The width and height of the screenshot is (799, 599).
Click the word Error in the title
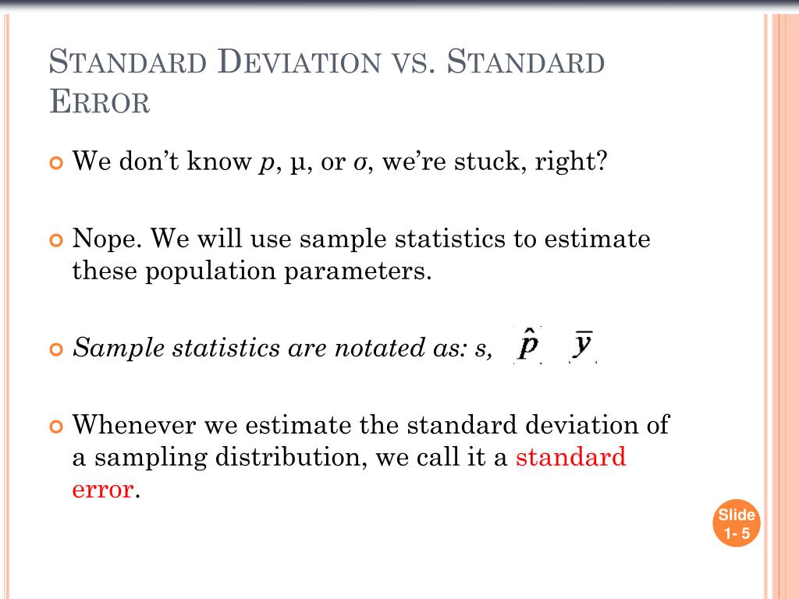click(x=99, y=101)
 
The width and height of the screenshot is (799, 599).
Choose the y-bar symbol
click(x=583, y=345)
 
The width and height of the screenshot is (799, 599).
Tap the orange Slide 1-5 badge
click(x=737, y=524)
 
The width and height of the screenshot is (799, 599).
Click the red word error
click(x=102, y=489)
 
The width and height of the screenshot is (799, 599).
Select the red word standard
click(x=570, y=456)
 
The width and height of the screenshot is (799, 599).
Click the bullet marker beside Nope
click(x=55, y=239)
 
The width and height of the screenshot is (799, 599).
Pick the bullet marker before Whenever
click(x=55, y=426)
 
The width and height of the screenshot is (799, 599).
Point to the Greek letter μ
click(x=296, y=164)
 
